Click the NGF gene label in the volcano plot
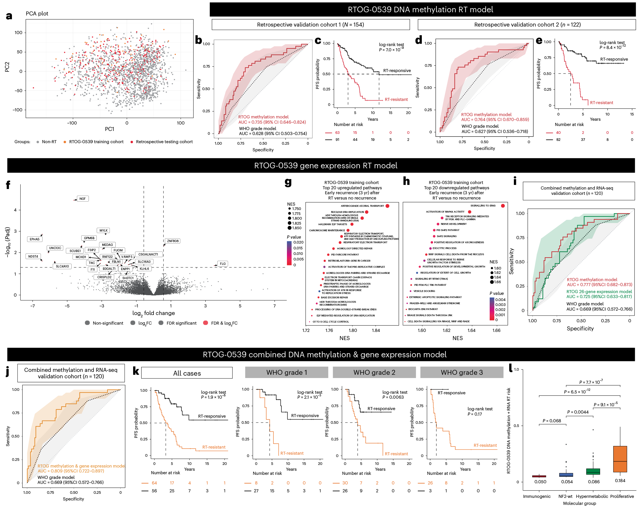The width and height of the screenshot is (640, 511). [x=82, y=199]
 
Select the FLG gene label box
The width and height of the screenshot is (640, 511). [x=223, y=264]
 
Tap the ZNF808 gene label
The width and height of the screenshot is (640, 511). [x=173, y=241]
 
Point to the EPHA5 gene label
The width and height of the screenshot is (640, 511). [x=34, y=239]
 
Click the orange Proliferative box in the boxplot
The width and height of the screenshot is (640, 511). [x=620, y=459]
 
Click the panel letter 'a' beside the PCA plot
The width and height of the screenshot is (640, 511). [x=9, y=16]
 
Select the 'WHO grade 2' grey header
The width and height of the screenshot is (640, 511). [x=374, y=372]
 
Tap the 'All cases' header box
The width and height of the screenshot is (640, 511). [x=187, y=373]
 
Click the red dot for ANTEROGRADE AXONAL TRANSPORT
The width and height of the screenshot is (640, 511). [x=387, y=206]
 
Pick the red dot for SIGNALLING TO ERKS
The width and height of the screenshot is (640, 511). [x=503, y=206]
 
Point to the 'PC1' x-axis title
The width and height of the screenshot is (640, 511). [x=109, y=129]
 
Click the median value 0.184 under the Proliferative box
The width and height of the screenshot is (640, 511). [x=620, y=481]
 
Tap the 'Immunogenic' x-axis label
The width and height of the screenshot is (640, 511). [x=536, y=496]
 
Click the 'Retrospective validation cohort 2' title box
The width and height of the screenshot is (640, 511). [x=527, y=25]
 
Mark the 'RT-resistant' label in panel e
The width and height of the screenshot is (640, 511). [x=602, y=103]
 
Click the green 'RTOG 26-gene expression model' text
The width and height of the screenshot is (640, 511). [x=599, y=292]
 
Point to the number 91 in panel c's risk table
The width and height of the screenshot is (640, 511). [x=337, y=139]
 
